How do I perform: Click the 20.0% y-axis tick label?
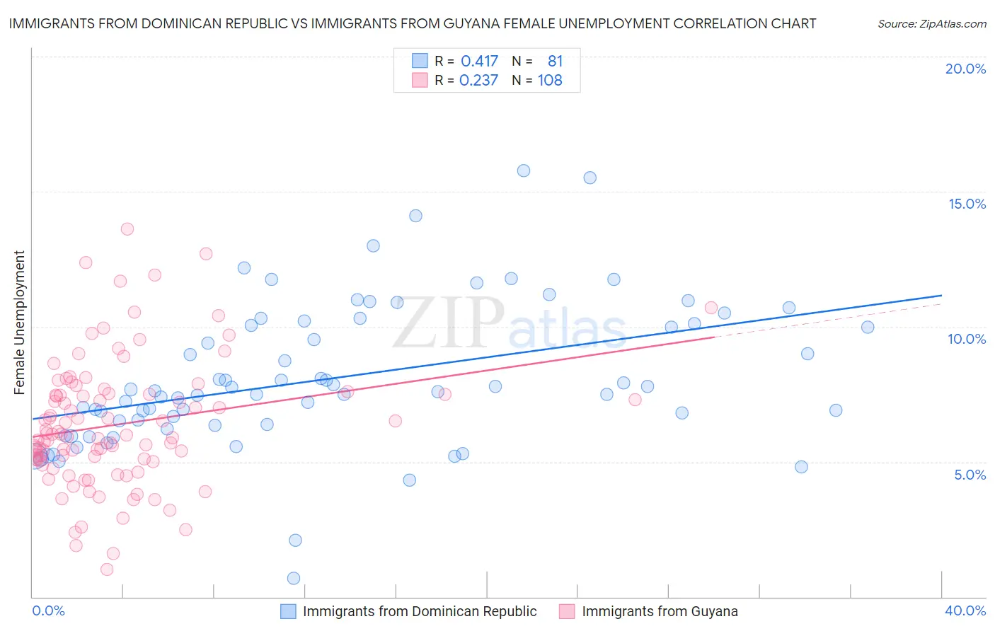coord(965,69)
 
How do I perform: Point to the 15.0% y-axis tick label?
coord(967,204)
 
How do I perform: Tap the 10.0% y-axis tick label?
coord(967,339)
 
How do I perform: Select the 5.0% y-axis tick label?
coord(970,475)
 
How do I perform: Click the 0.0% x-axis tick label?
coord(48,610)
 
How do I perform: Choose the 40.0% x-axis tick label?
coord(965,610)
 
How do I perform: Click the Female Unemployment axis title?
coord(19,323)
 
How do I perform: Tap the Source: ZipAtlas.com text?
coord(931,24)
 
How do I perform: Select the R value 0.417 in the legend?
coord(479,62)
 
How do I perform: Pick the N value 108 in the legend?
coord(550,81)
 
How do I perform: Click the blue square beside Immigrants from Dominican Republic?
coord(288,611)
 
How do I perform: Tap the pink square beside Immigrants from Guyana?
coord(567,611)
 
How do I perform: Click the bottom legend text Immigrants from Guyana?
coord(660,611)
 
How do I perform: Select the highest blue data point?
coord(524,170)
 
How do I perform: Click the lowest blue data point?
coord(294,578)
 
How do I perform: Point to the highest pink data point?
coord(127,228)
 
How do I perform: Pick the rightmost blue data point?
coord(868,327)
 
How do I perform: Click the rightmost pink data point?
coord(711,308)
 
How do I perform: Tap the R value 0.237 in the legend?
coord(478,81)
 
